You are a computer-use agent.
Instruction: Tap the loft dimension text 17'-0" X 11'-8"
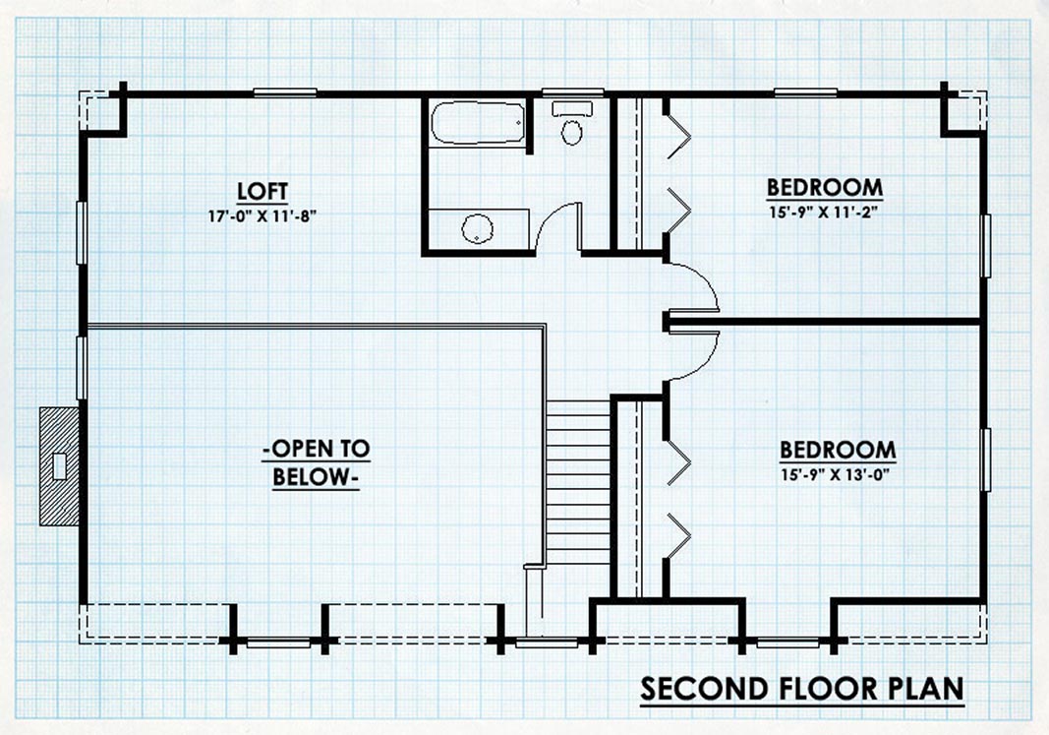262,216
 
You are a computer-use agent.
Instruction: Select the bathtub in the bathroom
477,122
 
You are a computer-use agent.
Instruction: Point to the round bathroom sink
478,229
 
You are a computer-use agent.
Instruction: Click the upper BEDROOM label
824,187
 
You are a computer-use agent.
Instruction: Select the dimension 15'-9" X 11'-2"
824,213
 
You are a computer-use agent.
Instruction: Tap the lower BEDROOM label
838,450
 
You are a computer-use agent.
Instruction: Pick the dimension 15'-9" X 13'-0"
838,475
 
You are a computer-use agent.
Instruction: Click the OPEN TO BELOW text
316,462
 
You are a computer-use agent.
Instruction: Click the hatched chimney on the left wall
60,466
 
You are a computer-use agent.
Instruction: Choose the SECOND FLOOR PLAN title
802,689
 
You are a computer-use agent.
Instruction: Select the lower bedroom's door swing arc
706,361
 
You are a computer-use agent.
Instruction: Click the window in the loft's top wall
285,93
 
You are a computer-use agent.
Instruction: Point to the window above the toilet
572,93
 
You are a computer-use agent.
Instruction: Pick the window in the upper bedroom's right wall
985,246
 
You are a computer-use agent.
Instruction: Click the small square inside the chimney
60,466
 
